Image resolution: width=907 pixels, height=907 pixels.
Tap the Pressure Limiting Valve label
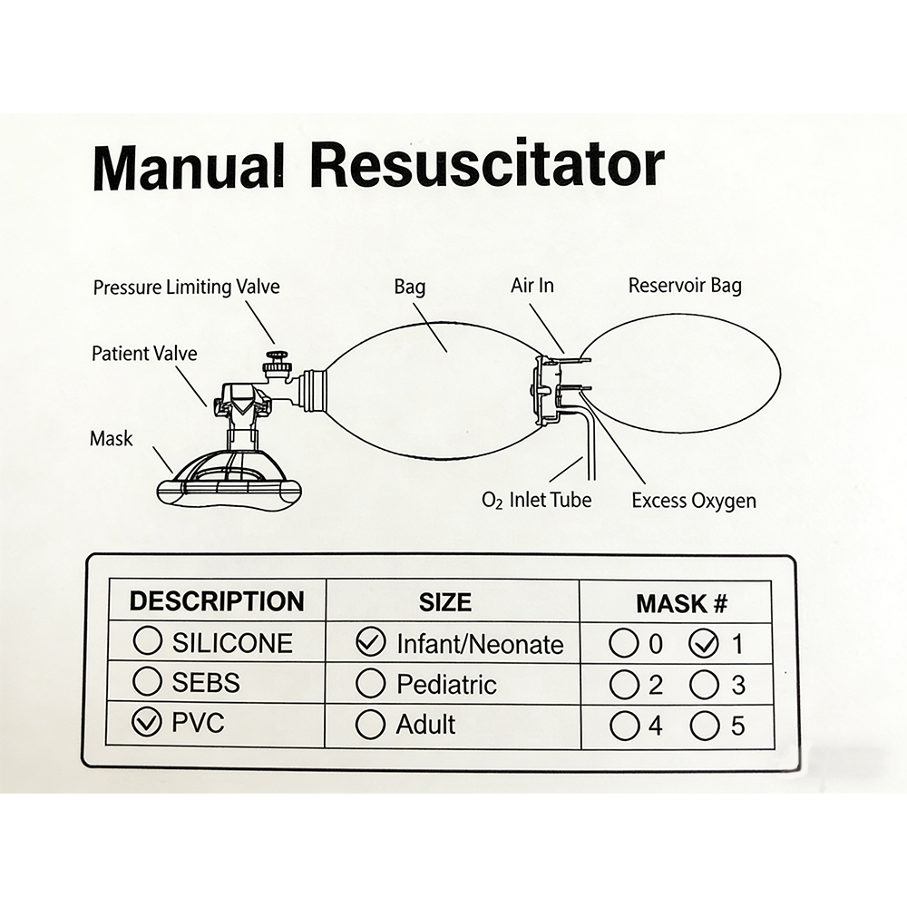point(186,288)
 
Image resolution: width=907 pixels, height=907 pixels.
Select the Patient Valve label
point(143,353)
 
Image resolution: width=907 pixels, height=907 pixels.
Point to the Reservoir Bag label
point(685,286)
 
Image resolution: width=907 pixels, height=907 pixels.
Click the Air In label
point(532,286)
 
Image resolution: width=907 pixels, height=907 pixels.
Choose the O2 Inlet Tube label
point(537,499)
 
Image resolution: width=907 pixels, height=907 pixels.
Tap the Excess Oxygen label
point(694,500)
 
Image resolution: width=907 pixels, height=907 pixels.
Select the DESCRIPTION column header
point(216,601)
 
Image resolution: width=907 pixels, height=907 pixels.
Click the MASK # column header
point(681,602)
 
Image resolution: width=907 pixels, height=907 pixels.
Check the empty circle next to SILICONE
point(147,642)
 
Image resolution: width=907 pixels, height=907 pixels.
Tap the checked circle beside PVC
point(147,724)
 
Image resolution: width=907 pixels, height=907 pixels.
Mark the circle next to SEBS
point(147,682)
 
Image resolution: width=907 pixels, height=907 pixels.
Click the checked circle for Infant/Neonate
point(370,643)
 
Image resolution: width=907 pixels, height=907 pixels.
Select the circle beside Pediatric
point(370,683)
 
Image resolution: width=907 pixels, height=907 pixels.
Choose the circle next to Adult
point(370,725)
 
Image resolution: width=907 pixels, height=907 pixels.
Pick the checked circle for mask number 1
point(704,644)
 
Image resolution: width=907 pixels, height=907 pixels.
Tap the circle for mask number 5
point(704,726)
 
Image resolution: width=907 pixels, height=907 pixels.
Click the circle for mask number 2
point(624,684)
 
